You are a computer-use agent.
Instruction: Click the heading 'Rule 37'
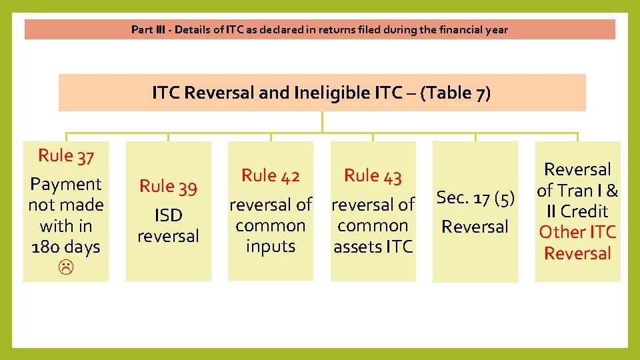(x=65, y=156)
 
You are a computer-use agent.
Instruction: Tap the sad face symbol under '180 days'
(x=65, y=268)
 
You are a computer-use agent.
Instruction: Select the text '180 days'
(x=65, y=247)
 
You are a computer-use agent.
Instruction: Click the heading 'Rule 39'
(x=168, y=187)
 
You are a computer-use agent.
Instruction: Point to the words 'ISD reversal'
(x=168, y=225)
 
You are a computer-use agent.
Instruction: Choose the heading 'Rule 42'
(x=271, y=176)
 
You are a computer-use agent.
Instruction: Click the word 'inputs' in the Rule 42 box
(x=271, y=247)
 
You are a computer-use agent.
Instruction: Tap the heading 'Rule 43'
(x=373, y=176)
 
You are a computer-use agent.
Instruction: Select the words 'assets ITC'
(x=373, y=247)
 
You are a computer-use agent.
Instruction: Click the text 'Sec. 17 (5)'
(x=475, y=197)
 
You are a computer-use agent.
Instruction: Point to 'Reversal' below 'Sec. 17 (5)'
(x=475, y=227)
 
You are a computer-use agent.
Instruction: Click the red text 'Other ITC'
(x=577, y=232)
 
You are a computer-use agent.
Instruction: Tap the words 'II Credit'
(x=577, y=211)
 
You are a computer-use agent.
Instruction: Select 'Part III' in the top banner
(x=145, y=29)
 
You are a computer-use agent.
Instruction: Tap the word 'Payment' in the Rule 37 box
(x=65, y=184)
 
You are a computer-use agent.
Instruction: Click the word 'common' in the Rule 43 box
(x=373, y=226)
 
